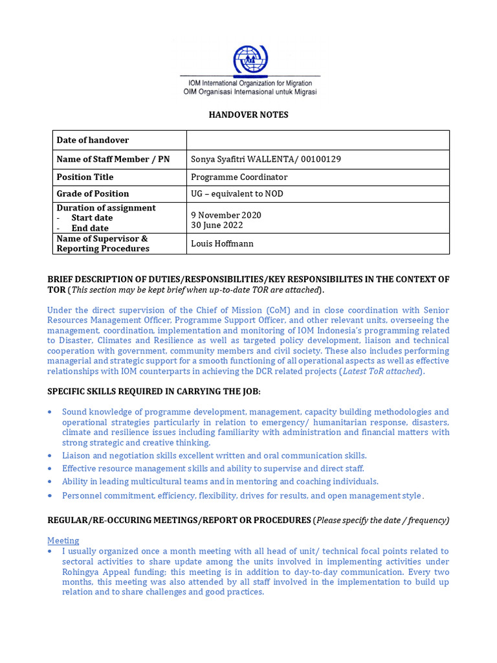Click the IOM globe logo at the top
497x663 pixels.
tap(249, 60)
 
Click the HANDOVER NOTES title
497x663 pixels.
tap(248, 115)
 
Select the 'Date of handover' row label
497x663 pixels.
tap(93, 140)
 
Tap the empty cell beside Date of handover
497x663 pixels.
tap(317, 140)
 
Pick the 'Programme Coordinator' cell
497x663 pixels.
tap(239, 177)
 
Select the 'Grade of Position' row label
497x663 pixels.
tap(93, 194)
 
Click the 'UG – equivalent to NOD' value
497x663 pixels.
tap(237, 194)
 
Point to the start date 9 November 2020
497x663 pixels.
tap(226, 215)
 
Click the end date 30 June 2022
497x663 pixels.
tap(217, 225)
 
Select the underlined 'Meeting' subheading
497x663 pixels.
tap(63, 541)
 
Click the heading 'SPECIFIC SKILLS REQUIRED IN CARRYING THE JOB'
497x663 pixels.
tap(154, 392)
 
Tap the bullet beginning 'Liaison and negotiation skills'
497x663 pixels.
tap(214, 456)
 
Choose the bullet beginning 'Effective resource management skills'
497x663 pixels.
tap(213, 468)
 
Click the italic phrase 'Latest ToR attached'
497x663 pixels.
tap(382, 371)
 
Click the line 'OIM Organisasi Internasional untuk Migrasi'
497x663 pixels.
tap(249, 92)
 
